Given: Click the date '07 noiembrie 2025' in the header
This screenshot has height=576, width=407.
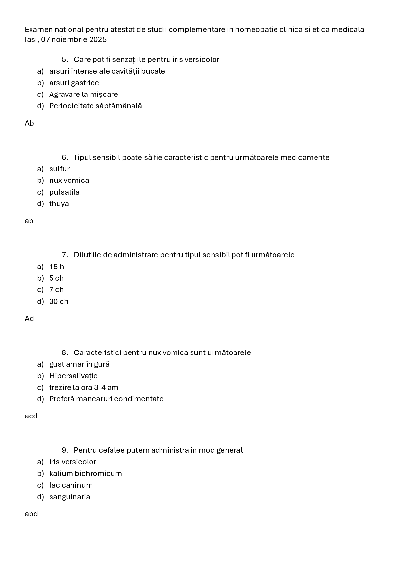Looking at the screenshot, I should [x=74, y=40].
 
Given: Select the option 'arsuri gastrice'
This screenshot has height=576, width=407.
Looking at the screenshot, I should [x=74, y=83].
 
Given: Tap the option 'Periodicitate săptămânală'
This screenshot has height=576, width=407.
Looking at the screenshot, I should [x=95, y=106].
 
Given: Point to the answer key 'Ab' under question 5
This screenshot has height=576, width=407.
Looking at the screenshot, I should [x=29, y=123].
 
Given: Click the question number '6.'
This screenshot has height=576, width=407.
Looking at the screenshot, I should [x=65, y=158].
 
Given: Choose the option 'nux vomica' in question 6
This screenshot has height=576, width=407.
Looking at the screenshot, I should [x=69, y=181].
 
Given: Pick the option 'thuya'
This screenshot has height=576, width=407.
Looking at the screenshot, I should [x=59, y=204].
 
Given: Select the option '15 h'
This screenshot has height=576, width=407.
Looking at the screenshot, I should [x=56, y=267].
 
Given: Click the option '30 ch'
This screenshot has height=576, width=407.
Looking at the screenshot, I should [x=59, y=302].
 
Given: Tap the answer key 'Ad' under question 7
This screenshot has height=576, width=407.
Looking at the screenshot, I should [x=29, y=319].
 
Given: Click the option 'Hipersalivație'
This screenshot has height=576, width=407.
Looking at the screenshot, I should [x=73, y=376].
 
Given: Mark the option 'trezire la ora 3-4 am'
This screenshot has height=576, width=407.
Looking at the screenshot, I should [x=84, y=388].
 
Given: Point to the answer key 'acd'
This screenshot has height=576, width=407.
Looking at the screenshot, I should [x=31, y=416].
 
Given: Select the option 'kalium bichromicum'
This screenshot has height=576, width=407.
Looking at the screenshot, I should [x=85, y=474].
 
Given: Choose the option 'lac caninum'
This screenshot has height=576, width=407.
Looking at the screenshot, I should [x=71, y=485].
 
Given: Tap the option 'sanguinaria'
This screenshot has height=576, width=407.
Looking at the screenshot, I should [x=70, y=497].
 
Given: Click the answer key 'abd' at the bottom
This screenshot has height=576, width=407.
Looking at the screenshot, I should [x=31, y=514].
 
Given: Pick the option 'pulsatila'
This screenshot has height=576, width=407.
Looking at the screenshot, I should [x=64, y=192].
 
